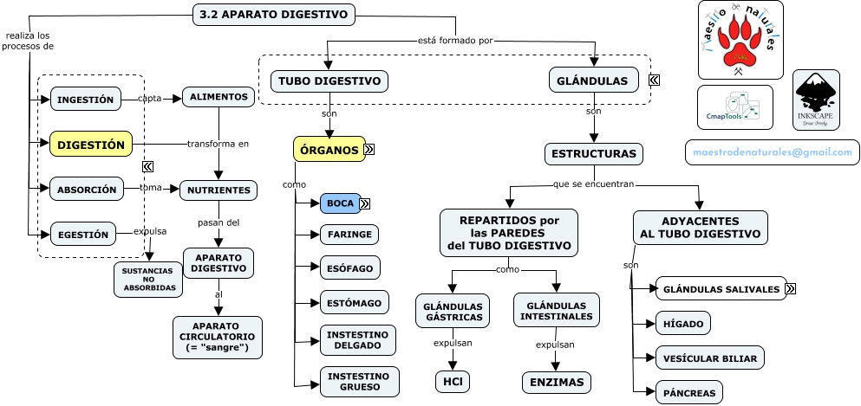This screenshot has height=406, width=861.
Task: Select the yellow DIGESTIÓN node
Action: coord(91,145)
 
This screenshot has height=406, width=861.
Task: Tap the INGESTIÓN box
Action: coord(85,100)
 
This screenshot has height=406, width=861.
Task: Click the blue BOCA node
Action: coord(340,203)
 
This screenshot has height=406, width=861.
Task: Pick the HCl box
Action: coord(452,381)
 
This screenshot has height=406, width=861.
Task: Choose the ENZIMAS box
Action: coord(556,382)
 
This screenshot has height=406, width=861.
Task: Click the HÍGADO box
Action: coord(683,323)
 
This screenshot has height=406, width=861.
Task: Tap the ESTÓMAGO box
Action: coord(350,302)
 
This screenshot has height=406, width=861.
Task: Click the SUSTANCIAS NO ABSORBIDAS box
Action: coord(148,279)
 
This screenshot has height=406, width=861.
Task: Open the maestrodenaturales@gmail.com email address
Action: coord(771,151)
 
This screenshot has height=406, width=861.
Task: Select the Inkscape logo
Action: coord(815,99)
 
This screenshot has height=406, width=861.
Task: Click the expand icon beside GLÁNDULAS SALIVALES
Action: coord(791,288)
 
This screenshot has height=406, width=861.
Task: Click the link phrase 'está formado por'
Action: coord(455,40)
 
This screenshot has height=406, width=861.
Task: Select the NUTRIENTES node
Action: coord(219,190)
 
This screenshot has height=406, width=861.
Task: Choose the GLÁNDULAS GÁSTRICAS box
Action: coord(453,311)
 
